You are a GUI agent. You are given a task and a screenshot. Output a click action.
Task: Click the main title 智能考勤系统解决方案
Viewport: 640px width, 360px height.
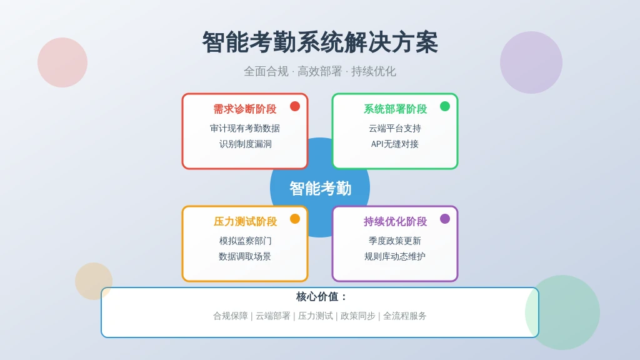coord(320,42)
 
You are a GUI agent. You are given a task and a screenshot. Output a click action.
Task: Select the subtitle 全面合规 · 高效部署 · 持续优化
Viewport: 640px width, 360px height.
coord(320,71)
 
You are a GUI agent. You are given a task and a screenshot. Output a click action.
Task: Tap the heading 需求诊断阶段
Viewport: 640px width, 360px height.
coord(245,109)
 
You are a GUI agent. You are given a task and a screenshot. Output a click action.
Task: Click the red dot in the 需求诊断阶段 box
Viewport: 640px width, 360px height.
coord(295,106)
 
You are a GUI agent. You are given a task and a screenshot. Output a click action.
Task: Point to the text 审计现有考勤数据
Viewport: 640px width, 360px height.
coord(245,129)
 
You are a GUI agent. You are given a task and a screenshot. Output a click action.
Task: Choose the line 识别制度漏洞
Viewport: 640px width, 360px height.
coord(245,144)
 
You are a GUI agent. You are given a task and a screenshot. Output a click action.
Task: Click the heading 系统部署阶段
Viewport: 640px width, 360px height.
coord(395,109)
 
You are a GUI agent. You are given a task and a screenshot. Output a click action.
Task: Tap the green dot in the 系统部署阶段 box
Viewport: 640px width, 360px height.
coord(445,106)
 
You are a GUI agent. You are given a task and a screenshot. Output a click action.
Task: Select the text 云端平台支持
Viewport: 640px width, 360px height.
coord(395,129)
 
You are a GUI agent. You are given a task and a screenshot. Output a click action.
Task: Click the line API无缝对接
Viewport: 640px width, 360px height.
coord(395,144)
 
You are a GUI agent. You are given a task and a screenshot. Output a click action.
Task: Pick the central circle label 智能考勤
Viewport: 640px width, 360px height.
coord(321,189)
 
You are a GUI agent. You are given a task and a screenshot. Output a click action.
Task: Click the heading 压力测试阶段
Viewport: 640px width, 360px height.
coord(245,222)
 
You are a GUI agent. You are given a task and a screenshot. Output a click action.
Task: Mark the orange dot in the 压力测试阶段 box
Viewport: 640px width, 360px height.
coord(295,219)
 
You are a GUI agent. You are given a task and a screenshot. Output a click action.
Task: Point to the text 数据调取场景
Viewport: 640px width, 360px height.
coord(245,256)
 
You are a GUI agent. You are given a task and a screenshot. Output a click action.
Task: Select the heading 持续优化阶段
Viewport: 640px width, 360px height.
coord(395,222)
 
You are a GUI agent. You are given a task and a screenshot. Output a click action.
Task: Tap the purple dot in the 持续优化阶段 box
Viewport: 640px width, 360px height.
coord(445,219)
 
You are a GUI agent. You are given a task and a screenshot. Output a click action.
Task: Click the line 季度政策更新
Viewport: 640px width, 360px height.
coord(395,241)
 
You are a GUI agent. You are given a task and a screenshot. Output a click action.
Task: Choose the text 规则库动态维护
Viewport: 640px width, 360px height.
coord(395,256)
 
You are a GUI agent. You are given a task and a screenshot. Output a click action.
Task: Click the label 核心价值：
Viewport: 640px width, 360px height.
coord(321,297)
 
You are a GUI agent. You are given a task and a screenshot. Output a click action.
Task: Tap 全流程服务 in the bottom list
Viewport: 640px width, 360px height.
coord(404,316)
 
